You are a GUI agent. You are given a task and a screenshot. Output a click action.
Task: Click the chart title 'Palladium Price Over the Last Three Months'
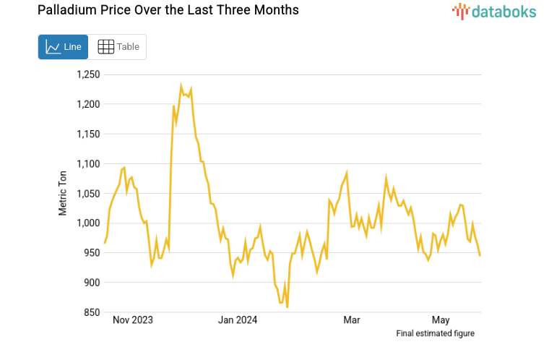[157, 11]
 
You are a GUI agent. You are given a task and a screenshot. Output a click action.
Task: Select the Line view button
[64, 47]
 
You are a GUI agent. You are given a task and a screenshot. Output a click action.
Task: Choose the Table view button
[118, 47]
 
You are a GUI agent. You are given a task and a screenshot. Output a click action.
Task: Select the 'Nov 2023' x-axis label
[134, 320]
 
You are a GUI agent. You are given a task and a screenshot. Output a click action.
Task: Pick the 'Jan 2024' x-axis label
[238, 320]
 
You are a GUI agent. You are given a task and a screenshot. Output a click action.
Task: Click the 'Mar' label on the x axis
[352, 320]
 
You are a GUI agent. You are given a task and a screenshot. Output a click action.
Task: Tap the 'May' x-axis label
[441, 320]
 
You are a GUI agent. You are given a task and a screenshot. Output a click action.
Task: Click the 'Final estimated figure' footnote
[436, 333]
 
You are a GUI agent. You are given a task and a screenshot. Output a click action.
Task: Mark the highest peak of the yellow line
[181, 85]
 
